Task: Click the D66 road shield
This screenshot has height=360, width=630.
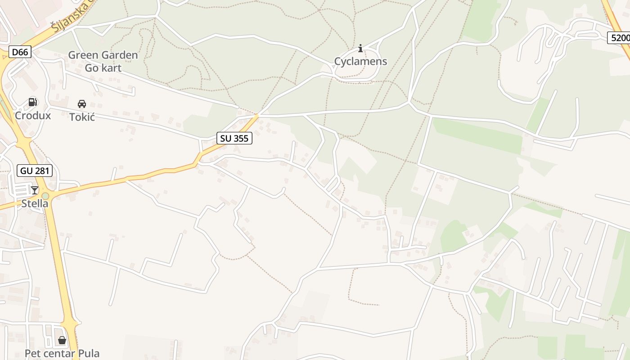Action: tap(20, 52)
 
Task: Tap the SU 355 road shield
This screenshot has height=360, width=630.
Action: tap(234, 138)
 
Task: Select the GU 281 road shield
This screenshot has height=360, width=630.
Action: tap(35, 171)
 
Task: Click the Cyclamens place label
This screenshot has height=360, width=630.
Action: tap(360, 61)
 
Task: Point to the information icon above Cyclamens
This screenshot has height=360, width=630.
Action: tap(360, 49)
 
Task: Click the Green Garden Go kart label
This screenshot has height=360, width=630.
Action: tap(103, 61)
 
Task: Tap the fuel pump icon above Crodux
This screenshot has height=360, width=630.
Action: tap(32, 102)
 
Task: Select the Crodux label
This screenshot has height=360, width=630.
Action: tap(33, 116)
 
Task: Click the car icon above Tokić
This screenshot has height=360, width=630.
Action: tap(82, 104)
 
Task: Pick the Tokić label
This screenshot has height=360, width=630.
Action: tap(82, 117)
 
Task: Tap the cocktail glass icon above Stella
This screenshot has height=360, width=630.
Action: tap(35, 190)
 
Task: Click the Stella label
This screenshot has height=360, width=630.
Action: tap(35, 203)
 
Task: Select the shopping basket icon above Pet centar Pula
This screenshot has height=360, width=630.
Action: tap(62, 340)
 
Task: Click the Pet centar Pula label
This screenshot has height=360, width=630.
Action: tap(62, 353)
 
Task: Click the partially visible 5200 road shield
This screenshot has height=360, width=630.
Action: tap(620, 38)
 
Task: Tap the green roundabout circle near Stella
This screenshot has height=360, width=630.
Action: tap(45, 196)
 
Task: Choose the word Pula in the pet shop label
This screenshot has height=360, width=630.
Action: tap(89, 353)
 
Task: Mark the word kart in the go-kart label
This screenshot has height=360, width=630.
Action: tap(111, 68)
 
